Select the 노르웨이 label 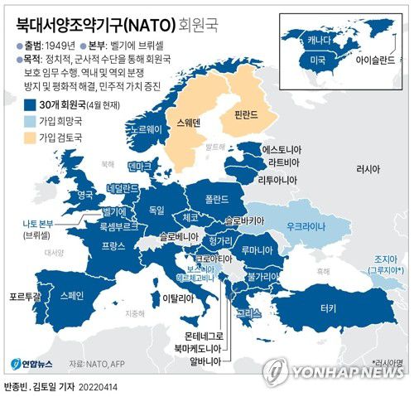(142, 131)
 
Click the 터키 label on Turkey (329, 307)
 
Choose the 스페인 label (72, 294)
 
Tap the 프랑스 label (113, 246)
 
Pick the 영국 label (85, 196)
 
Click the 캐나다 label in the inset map (319, 40)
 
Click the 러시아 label (365, 168)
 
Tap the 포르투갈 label (22, 295)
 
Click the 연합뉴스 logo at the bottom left (32, 363)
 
